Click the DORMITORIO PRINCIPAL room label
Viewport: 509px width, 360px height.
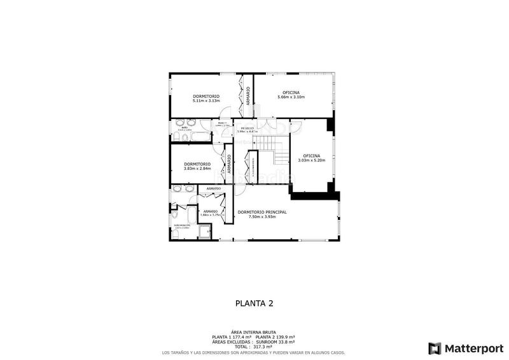tap(261, 212)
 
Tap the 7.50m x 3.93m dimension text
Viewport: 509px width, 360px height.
tap(261, 217)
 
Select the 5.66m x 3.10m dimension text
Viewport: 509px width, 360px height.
tap(294, 97)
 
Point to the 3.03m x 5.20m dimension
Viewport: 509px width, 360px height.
tap(312, 160)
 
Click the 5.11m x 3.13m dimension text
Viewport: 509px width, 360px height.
tap(206, 100)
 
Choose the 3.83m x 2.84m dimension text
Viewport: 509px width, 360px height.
tap(197, 168)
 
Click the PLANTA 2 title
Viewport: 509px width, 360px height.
tap(254, 303)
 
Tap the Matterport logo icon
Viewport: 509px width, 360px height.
tap(435, 348)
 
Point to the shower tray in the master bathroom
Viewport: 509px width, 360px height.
tap(206, 232)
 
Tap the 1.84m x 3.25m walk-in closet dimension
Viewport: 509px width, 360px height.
tap(210, 215)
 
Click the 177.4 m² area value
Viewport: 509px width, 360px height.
tap(241, 336)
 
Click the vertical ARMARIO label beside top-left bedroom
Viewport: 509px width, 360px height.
tap(248, 95)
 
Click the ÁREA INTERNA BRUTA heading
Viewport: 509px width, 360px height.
tap(254, 331)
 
